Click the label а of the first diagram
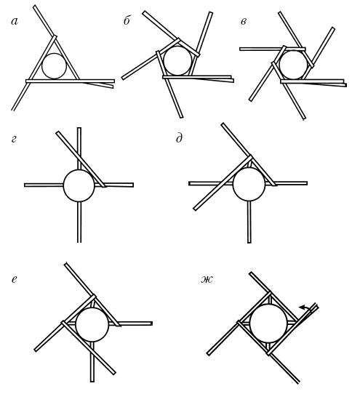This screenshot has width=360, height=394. pos(15,22)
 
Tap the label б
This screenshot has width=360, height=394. pos(127,20)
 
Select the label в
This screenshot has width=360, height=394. pos(244,22)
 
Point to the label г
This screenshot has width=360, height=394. pos(14,139)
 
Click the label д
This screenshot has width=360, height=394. pos(179,138)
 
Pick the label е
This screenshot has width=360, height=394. pos(15,279)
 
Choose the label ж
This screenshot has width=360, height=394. pos(207,279)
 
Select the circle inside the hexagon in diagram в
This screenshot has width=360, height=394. pos(293,65)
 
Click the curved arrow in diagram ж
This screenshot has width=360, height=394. pos(305,308)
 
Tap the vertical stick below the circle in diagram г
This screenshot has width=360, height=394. pos(79,222)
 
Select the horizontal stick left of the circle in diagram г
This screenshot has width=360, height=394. pos(44,185)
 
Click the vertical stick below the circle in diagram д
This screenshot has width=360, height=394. pos(249,222)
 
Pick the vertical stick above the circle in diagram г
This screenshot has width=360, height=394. pos(79,148)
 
